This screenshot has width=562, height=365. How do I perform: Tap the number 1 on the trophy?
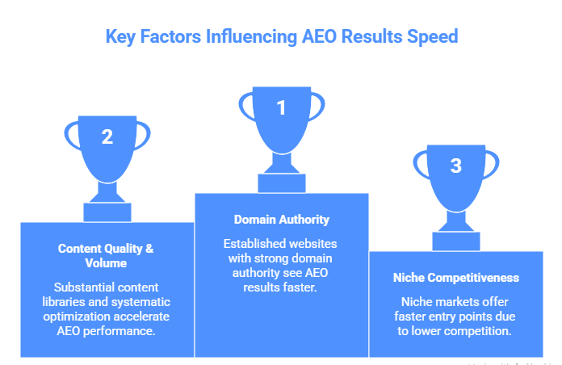[x=281, y=107]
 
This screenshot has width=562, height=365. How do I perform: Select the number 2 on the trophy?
[x=107, y=137]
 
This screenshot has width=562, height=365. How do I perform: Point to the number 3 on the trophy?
[x=456, y=166]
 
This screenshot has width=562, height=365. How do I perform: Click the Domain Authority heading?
[x=281, y=220]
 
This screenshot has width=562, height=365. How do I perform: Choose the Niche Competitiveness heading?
[x=456, y=278]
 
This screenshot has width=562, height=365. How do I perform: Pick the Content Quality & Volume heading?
[x=107, y=255]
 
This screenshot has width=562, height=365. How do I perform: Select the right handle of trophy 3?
[x=493, y=166]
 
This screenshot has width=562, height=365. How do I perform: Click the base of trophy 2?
[x=107, y=212]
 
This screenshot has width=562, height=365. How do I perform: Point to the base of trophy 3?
[x=456, y=240]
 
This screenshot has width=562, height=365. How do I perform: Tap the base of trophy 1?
[x=281, y=182]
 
